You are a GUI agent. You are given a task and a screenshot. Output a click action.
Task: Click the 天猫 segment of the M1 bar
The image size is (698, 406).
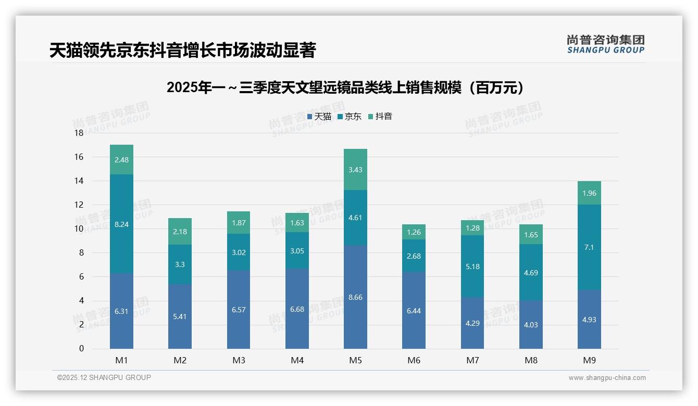(121, 311)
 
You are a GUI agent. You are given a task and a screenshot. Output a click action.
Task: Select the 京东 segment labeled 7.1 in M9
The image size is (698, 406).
(589, 247)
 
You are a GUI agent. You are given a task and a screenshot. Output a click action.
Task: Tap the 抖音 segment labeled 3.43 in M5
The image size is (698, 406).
(355, 170)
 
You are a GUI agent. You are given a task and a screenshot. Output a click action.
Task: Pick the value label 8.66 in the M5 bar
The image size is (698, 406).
(355, 297)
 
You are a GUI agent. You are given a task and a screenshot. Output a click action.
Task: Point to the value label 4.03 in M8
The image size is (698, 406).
(531, 325)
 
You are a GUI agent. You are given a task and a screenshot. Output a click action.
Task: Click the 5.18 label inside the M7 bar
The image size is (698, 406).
(472, 267)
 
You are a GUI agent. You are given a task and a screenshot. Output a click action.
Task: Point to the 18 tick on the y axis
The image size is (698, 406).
(79, 133)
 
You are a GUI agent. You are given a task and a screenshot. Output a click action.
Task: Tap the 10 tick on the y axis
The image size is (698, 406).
(79, 229)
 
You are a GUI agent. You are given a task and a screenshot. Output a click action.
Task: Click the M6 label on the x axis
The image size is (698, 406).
(414, 360)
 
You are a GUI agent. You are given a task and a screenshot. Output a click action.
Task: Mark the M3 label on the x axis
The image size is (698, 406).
(239, 360)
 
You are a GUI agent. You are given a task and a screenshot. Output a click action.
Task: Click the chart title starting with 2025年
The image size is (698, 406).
(345, 87)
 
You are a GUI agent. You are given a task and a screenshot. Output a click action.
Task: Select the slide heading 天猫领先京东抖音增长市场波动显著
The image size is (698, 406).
(182, 50)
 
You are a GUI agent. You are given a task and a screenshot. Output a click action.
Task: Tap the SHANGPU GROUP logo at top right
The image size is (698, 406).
(605, 44)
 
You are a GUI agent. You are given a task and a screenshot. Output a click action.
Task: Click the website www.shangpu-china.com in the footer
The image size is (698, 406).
(607, 378)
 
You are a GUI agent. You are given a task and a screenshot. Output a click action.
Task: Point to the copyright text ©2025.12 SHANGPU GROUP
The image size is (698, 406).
(104, 377)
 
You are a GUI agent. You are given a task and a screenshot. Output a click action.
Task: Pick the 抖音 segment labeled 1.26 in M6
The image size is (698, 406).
(414, 232)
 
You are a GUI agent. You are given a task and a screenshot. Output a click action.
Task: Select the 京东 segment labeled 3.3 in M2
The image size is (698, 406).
(180, 264)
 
